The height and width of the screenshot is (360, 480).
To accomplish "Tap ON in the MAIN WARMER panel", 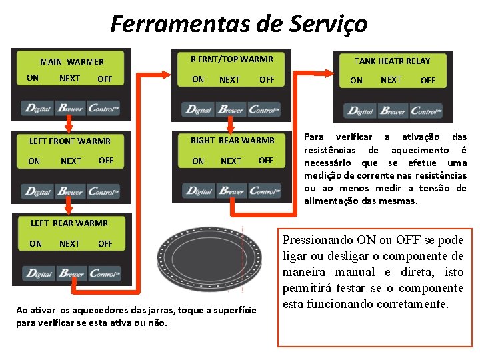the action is coord(33,78).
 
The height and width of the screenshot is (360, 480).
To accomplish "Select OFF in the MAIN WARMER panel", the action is coord(105,79).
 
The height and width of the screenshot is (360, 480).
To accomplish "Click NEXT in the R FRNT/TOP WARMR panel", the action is coord(229,79).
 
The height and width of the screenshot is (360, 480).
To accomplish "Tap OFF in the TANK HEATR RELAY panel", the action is coord(428,80).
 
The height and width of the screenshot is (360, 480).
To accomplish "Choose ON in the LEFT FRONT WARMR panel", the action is coord(34,161).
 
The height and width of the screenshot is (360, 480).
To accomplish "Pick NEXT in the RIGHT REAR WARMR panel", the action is coord(231,161).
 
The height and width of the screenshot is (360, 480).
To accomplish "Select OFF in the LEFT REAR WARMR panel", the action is coord(105,243).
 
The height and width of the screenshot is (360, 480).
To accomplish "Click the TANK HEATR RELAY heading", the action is coord(392,61).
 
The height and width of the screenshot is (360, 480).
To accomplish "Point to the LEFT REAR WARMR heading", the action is coord(69,223).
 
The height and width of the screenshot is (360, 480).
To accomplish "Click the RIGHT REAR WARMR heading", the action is coord(232,140).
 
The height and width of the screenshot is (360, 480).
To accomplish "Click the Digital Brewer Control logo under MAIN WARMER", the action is coord(71,109).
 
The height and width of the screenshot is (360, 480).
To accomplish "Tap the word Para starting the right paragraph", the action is coord(313,137).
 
